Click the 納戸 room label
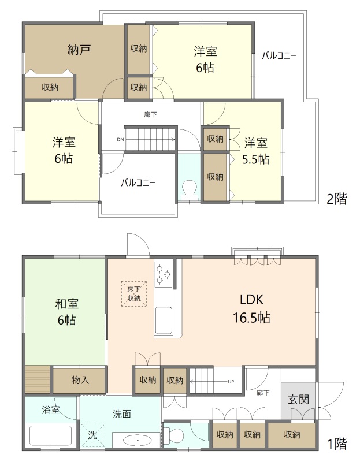click(79, 50)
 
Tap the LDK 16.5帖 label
click(251, 308)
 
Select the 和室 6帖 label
click(66, 311)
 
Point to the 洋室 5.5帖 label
click(255, 151)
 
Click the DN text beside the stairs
click(120, 140)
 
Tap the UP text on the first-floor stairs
click(231, 382)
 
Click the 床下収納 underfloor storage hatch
click(134, 294)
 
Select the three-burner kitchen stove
click(164, 274)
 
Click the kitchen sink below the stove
click(164, 321)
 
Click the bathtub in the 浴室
click(51, 436)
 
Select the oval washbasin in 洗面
click(137, 441)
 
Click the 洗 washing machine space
click(92, 436)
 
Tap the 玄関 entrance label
click(298, 400)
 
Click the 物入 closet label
click(80, 380)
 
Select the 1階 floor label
click(338, 443)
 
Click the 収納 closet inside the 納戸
click(49, 87)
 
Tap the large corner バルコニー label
click(279, 55)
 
